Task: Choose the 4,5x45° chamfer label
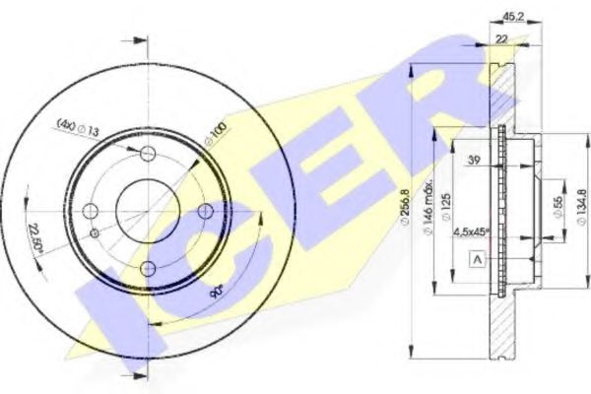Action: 473,233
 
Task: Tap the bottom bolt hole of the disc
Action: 147,268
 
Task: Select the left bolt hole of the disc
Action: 91,212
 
